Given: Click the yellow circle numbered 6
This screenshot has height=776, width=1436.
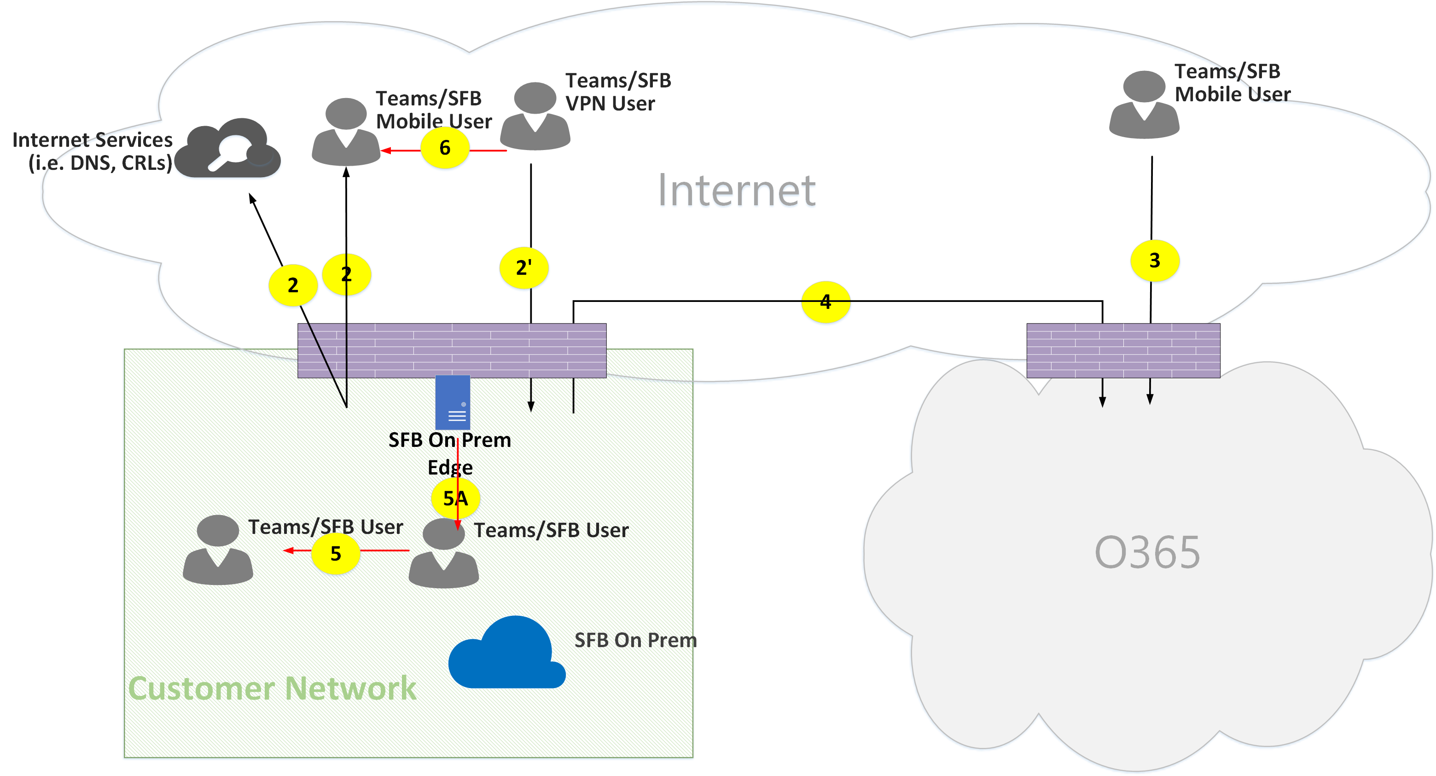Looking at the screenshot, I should click(x=444, y=148).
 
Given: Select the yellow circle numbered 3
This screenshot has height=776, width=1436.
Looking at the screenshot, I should click(x=1154, y=261).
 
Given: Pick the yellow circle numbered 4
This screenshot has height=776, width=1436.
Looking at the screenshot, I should click(x=825, y=302).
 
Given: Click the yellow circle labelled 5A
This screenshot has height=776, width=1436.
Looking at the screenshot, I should click(x=455, y=498).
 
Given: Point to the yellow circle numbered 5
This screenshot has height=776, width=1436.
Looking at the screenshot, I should click(x=335, y=554).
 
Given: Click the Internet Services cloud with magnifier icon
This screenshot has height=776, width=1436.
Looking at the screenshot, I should click(x=228, y=149).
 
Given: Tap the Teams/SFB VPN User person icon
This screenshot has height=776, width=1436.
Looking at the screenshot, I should click(x=535, y=117).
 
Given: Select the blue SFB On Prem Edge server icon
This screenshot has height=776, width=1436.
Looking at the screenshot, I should click(x=452, y=402).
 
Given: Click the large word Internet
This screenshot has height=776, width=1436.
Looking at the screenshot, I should click(x=736, y=191).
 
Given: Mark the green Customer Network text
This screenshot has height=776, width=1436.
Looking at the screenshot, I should click(x=272, y=689).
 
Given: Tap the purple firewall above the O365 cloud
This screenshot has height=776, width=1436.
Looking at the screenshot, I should click(x=1123, y=351).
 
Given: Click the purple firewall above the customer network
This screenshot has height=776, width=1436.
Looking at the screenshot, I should click(x=452, y=351).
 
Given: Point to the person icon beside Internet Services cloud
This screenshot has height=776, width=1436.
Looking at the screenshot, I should click(x=346, y=133).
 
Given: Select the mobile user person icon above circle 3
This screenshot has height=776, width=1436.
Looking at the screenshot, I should click(x=1144, y=105).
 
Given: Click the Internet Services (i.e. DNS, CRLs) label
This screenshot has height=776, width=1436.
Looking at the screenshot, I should click(x=93, y=151).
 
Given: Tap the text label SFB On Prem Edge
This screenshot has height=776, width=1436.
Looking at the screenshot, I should click(x=449, y=453).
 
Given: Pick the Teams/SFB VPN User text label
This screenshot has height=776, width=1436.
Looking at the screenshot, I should click(x=618, y=92).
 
